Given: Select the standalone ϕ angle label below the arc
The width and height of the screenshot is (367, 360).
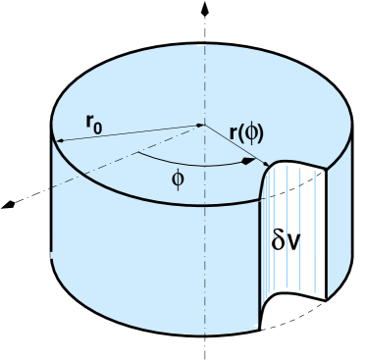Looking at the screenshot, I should click(x=177, y=180).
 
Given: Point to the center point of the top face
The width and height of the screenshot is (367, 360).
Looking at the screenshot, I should click(x=200, y=125).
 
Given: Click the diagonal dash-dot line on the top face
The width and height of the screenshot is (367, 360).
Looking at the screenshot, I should click(x=118, y=161).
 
